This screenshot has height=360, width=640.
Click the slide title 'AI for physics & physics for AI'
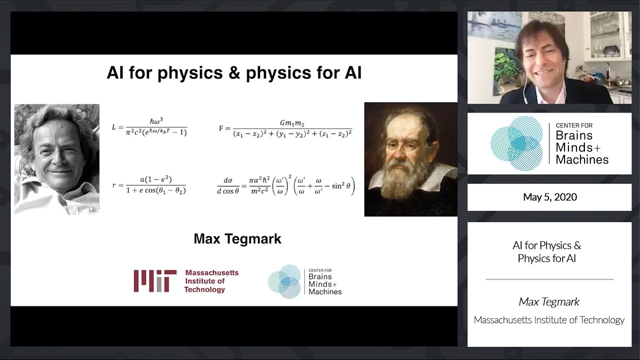(234, 73)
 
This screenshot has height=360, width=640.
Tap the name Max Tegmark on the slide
(237, 239)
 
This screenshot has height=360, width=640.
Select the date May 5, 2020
(549, 197)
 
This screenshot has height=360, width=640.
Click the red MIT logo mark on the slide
(155, 281)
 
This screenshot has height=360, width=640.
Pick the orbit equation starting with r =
(149, 185)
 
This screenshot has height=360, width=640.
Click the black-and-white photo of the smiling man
(56, 159)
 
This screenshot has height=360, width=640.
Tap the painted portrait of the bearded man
(410, 159)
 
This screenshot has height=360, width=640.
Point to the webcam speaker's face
(541, 60)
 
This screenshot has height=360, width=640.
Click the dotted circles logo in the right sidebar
(516, 143)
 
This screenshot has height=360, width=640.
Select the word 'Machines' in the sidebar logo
(582, 159)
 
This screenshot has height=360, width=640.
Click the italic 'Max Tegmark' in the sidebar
(549, 301)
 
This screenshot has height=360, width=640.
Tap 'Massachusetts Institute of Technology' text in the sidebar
(549, 320)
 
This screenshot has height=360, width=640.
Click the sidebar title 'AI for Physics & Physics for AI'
(547, 252)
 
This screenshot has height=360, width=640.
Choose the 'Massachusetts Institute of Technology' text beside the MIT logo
(211, 281)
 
